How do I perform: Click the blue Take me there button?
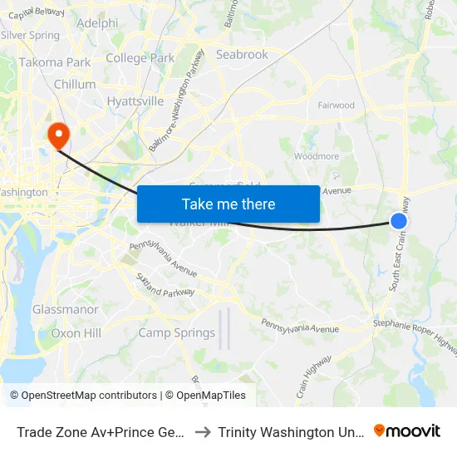tap(228, 204)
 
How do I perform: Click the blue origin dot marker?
tap(399, 221)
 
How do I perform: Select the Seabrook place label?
tap(242, 55)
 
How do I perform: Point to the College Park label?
tap(140, 58)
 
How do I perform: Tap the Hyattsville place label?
tap(135, 101)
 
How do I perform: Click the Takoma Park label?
tap(55, 62)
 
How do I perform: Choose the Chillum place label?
tap(75, 85)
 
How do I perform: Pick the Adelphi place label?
tap(96, 23)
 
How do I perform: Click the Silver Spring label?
tap(31, 36)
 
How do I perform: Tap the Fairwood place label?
tap(337, 106)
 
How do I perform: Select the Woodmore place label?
tap(317, 155)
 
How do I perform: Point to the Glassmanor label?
tap(66, 309)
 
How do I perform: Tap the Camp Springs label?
tap(176, 333)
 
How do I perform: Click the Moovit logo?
tap(407, 430)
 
